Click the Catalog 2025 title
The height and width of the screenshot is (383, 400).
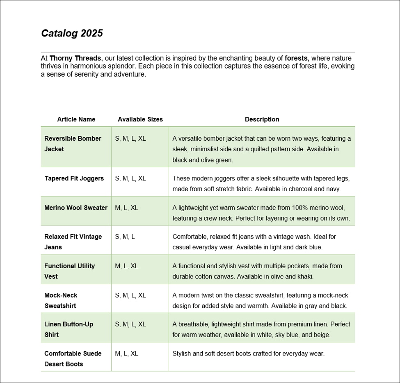click(x=72, y=33)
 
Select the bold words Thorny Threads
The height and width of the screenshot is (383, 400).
click(x=75, y=58)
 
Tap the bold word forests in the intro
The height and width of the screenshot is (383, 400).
click(x=296, y=58)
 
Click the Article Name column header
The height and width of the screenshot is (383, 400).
click(x=76, y=119)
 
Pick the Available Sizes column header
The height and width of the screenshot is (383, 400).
click(x=140, y=119)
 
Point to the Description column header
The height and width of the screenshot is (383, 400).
click(x=262, y=119)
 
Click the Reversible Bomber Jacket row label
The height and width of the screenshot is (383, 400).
click(x=73, y=144)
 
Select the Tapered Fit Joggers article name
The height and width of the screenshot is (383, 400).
click(x=74, y=178)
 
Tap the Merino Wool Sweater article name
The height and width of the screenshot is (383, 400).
click(x=76, y=207)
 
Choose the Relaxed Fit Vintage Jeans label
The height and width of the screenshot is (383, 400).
click(x=73, y=242)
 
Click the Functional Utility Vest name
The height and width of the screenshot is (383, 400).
click(x=69, y=271)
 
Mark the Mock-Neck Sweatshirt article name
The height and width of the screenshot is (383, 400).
click(x=61, y=300)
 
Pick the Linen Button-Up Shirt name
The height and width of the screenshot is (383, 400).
click(x=69, y=329)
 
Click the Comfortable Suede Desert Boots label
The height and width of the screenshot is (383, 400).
click(x=73, y=358)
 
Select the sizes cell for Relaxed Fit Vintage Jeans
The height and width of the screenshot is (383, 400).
click(x=125, y=237)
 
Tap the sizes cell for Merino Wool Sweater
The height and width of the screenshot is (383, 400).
click(x=126, y=207)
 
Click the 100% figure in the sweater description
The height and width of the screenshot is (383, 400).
click(x=292, y=207)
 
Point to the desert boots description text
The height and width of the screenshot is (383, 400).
click(x=248, y=353)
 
